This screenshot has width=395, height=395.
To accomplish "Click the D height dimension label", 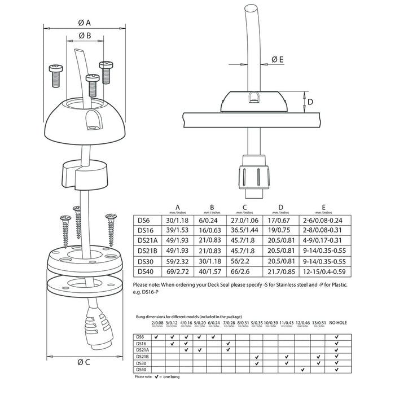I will point(310,102).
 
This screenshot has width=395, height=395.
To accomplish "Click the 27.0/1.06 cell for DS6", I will point(244,221).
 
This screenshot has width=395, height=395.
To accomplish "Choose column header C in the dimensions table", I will point(244,207).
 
